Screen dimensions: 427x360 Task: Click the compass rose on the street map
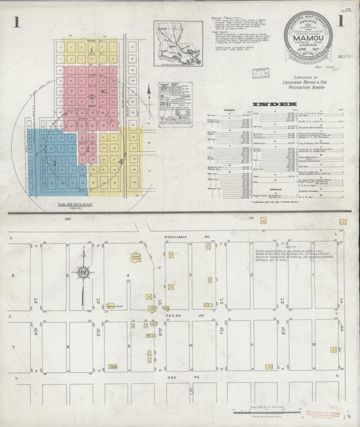pyautogui.click(x=82, y=273)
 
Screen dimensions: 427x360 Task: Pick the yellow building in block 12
pyautogui.click(x=333, y=349)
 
